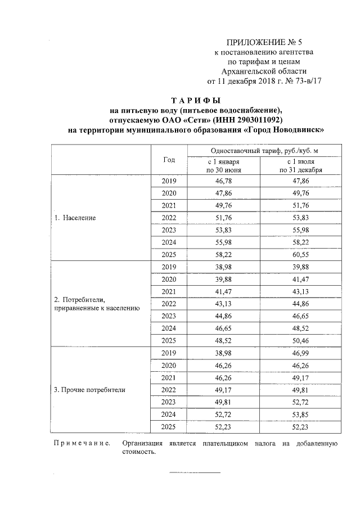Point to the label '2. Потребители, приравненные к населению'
[x=96, y=304]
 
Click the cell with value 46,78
[x=224, y=181]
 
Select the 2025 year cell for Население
[x=169, y=254]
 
